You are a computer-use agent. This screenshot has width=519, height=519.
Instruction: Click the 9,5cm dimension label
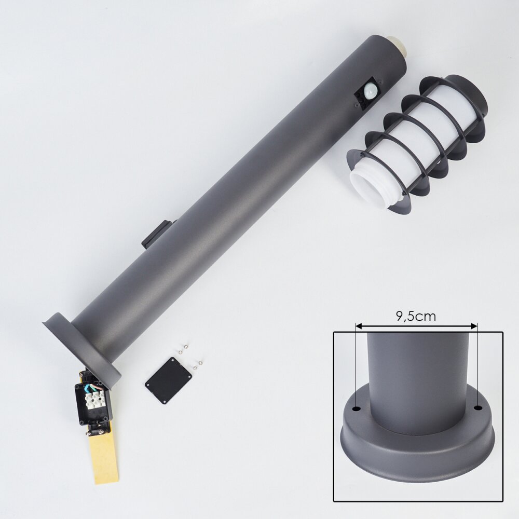tap(416, 317)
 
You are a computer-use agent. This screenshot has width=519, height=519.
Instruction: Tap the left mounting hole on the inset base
tap(357, 408)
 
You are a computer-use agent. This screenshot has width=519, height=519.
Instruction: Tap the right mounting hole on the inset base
tap(477, 408)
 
